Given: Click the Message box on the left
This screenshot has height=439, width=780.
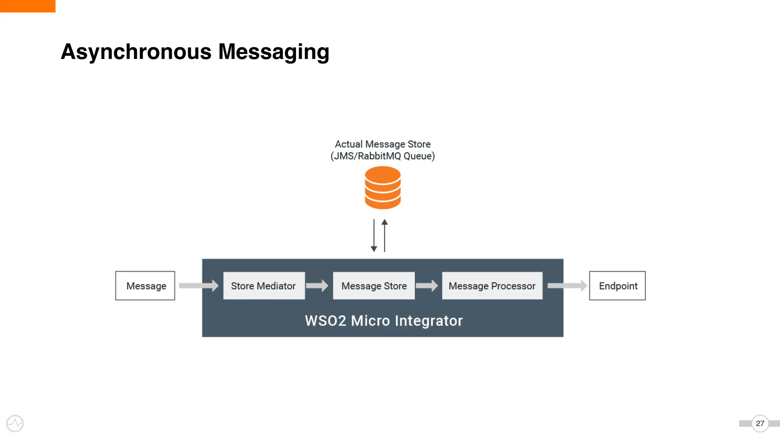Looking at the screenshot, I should point(145,286).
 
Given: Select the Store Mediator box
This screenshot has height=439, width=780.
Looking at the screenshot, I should point(264,286).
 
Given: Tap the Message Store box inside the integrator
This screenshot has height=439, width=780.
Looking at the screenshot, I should point(374,286).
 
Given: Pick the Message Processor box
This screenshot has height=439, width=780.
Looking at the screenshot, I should point(492,286).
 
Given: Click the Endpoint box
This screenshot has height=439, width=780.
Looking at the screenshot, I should point(617,286).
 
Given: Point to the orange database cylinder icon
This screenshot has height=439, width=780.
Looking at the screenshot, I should point(382,188).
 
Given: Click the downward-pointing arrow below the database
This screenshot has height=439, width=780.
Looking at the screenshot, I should point(374,236).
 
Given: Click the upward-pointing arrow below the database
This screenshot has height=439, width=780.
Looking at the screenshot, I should point(385,236).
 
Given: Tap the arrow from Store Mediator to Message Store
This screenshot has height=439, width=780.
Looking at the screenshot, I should point(317,285).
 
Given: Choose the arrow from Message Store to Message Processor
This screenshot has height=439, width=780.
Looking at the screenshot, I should point(427,285).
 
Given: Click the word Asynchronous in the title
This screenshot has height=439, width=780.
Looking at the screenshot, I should point(136,52).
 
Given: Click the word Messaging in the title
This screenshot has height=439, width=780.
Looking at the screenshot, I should point(273,52).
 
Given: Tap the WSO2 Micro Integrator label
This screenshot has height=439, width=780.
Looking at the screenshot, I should point(384,321).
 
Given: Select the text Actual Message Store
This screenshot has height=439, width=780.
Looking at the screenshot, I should point(382,144).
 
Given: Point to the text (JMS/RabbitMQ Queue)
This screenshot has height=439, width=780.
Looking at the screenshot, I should point(382,156).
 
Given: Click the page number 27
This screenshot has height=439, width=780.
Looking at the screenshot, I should point(760,423).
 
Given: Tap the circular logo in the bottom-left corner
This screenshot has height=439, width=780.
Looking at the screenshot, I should point(15,423).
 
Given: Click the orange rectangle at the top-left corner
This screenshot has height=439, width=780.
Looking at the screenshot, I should point(27,6).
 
